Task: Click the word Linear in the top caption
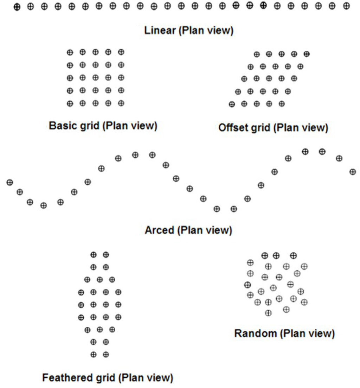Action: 160,31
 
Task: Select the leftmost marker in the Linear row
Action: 17,6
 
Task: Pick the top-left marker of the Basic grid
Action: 70,52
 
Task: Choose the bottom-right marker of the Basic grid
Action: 121,103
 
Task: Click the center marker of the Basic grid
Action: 95,78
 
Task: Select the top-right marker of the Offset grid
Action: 307,54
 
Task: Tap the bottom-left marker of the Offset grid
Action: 231,104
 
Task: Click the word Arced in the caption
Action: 159,230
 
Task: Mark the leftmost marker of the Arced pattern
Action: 9,182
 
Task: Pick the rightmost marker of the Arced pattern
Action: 353,172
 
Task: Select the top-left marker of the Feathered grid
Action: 94,254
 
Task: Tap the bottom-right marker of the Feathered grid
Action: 106,355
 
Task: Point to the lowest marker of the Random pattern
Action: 268,313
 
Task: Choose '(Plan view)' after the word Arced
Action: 204,230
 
